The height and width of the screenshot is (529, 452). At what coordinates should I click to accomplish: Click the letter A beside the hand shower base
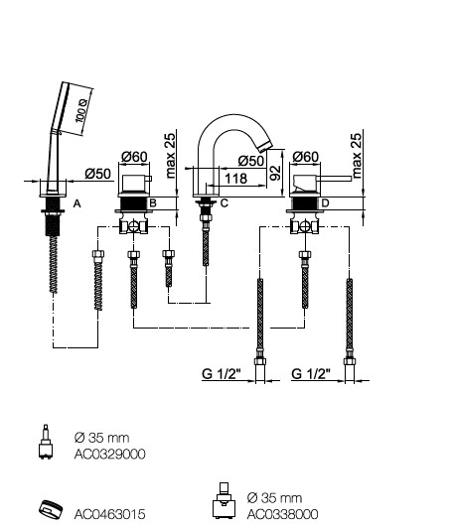point(77,203)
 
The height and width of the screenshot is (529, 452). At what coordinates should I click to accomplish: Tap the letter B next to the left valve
point(153,202)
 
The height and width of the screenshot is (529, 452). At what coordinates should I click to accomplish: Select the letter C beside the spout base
point(225,202)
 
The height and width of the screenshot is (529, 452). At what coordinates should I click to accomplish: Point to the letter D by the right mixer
point(325,202)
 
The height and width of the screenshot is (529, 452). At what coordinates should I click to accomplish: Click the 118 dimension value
point(235,178)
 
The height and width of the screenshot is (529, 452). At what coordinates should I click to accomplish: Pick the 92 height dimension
point(276,173)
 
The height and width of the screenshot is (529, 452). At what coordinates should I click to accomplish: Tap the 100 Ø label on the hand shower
point(81,110)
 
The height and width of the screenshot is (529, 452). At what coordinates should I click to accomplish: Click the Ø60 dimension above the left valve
point(134,157)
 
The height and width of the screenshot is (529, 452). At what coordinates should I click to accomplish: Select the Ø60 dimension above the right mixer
point(306,157)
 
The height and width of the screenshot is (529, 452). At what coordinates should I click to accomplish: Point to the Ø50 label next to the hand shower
point(98,174)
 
